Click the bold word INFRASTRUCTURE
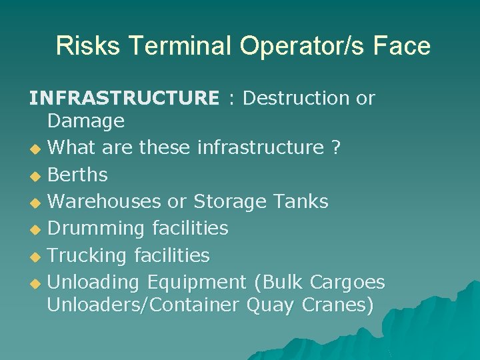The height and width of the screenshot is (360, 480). pos(123,99)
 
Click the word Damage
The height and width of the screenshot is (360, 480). pos(86,121)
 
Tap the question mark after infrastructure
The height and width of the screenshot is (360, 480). pos(335,147)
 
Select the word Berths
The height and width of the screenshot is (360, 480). pos(78,175)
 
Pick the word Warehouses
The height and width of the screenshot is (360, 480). pos(105,201)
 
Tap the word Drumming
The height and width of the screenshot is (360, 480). pos(96,228)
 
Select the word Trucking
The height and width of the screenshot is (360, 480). pos(87,255)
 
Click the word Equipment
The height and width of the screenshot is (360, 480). pos(197,282)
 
